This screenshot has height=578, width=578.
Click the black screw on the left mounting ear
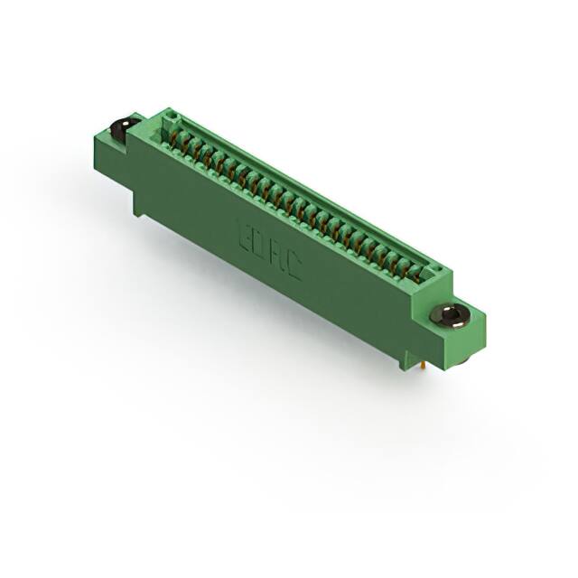(117, 128)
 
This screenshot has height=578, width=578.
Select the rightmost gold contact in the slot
(416, 270)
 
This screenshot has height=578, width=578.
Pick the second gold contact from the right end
(404, 263)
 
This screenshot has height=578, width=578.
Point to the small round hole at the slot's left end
(166, 124)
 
